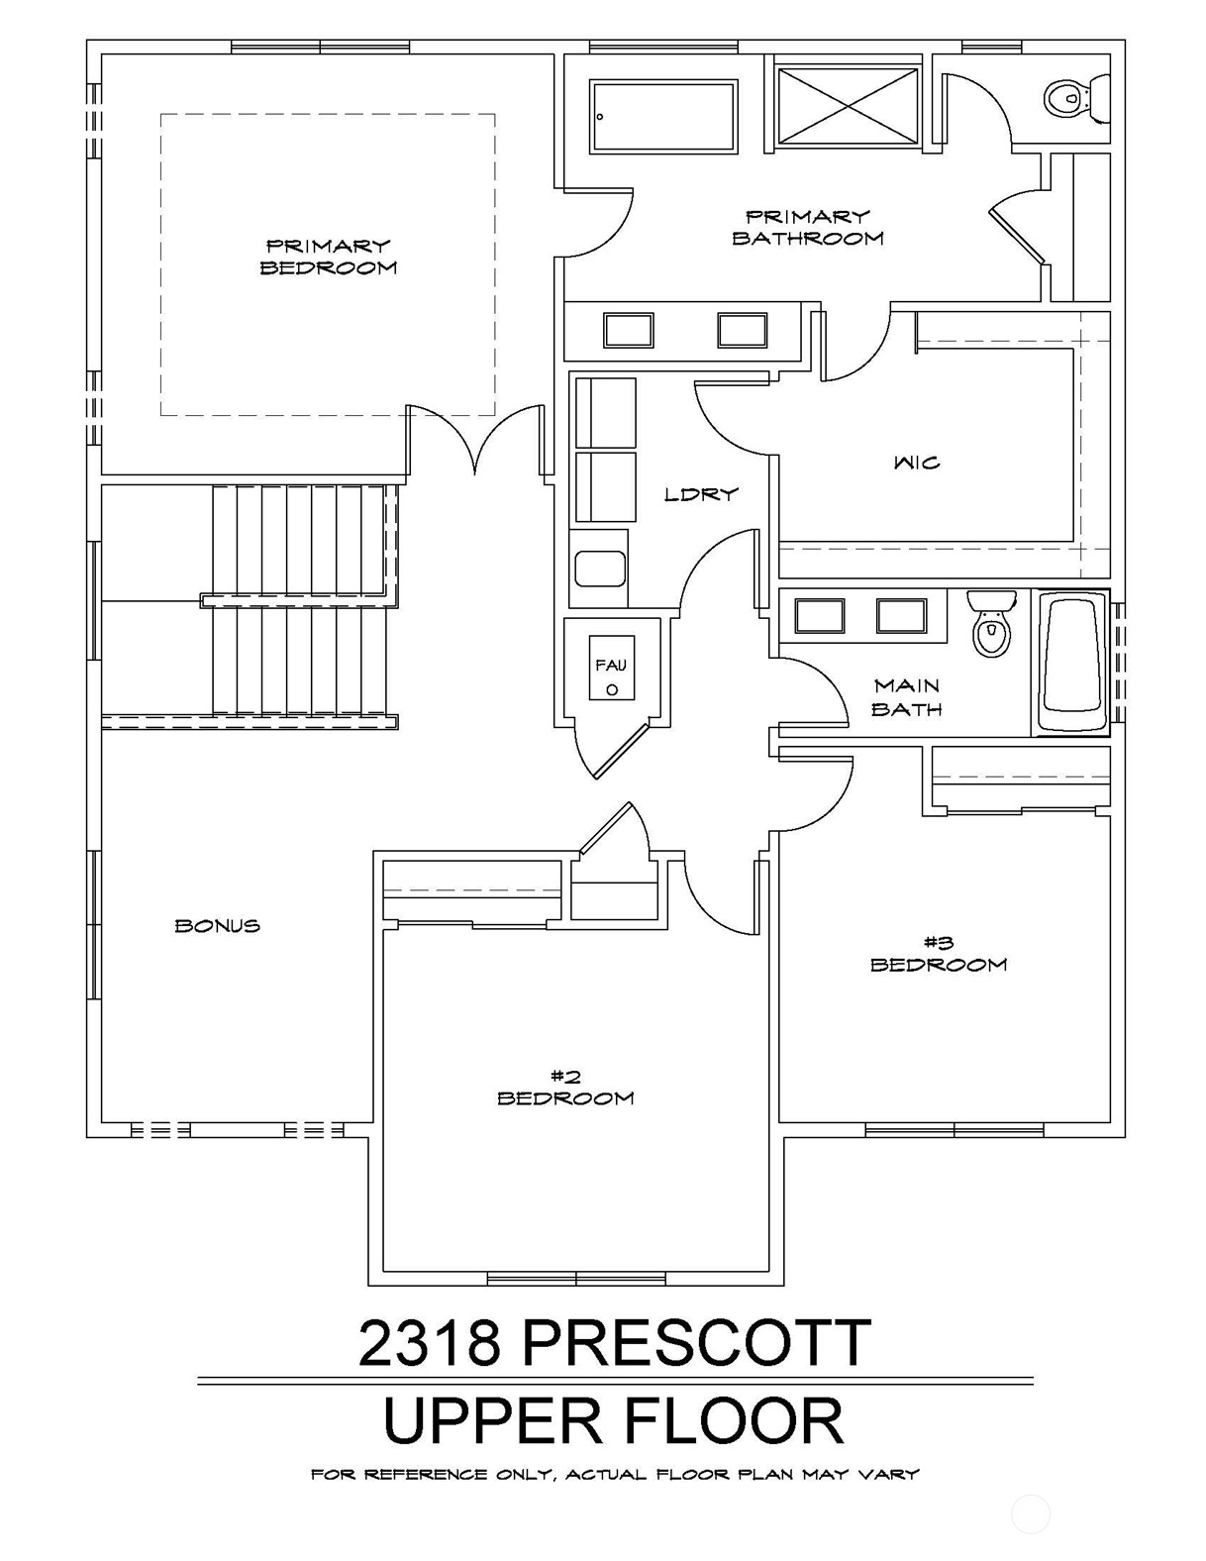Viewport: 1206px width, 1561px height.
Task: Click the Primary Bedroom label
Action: tap(328, 257)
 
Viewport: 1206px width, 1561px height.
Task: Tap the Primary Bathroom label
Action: tap(808, 227)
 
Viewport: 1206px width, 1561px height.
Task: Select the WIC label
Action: tap(917, 463)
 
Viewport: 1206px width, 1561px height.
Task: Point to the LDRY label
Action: tap(701, 494)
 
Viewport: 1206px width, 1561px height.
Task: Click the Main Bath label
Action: tap(907, 697)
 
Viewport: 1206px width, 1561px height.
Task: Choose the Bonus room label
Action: tap(218, 926)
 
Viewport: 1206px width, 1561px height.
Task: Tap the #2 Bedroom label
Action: tap(565, 1087)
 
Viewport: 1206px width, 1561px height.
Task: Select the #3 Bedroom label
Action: tap(939, 953)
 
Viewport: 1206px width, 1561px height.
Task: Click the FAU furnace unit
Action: tap(612, 668)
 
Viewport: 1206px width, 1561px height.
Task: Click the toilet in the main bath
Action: tap(991, 624)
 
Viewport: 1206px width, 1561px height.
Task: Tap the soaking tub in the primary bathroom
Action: tap(664, 116)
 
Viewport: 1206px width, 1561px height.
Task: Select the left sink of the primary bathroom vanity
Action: tap(628, 331)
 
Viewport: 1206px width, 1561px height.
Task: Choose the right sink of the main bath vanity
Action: tap(902, 616)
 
